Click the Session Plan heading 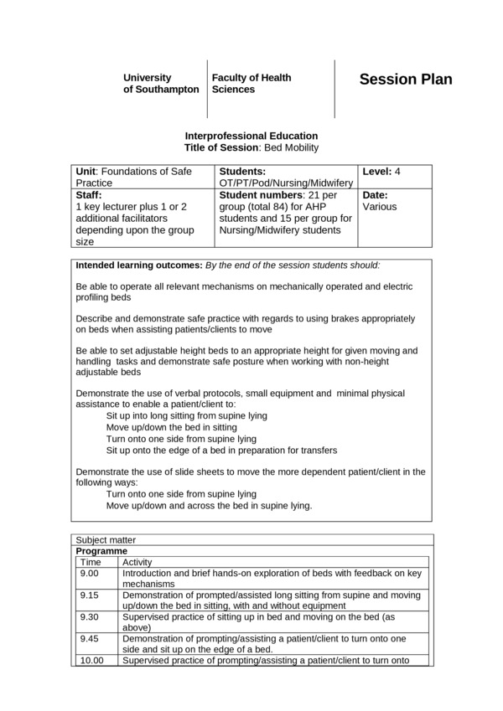pyautogui.click(x=405, y=80)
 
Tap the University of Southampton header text pyautogui.click(x=161, y=83)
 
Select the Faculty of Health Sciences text pyautogui.click(x=251, y=83)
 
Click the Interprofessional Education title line pyautogui.click(x=251, y=136)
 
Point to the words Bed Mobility pyautogui.click(x=293, y=147)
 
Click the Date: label pyautogui.click(x=375, y=195)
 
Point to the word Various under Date pyautogui.click(x=380, y=206)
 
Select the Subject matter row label pyautogui.click(x=106, y=540)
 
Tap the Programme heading pyautogui.click(x=101, y=552)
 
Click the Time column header pyautogui.click(x=90, y=563)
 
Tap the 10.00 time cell pyautogui.click(x=92, y=661)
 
